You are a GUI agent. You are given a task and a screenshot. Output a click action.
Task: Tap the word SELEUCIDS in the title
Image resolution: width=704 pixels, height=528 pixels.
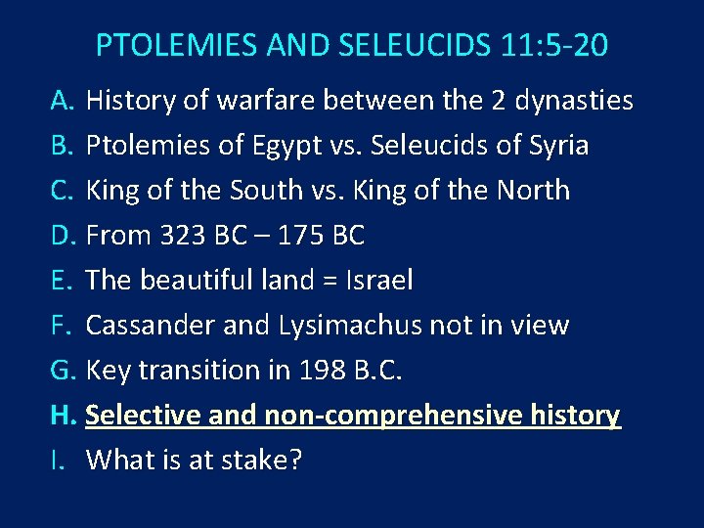(385, 45)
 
